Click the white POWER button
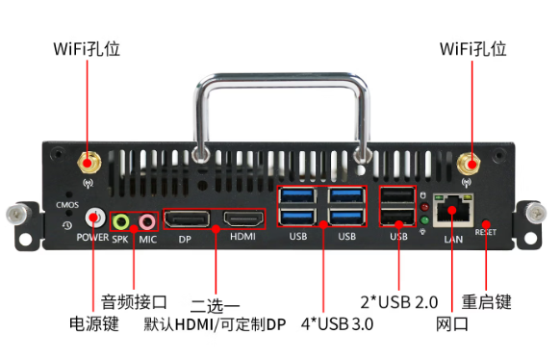[94, 219]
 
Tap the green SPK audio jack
[121, 221]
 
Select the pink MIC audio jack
[146, 221]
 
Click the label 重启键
[487, 302]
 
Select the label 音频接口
[135, 302]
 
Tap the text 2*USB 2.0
[399, 302]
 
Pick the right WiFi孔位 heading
[472, 48]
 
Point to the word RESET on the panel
[485, 232]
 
